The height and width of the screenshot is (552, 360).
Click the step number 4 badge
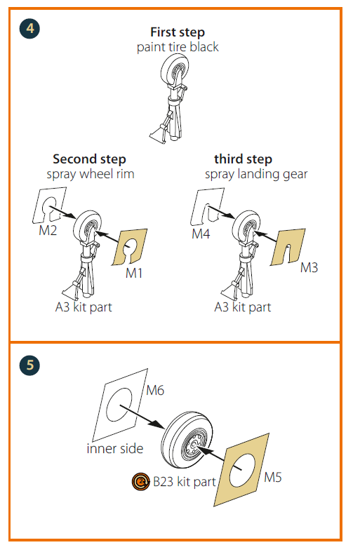(29, 29)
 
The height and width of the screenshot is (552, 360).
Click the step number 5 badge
(29, 365)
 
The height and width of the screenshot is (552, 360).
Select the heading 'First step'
(178, 32)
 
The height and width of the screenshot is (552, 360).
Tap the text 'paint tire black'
(178, 47)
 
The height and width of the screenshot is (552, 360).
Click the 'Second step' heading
(89, 159)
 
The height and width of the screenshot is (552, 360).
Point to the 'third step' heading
(243, 159)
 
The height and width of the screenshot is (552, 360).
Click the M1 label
(134, 273)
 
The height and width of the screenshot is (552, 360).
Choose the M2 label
(48, 231)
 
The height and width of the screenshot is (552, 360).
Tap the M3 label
(309, 267)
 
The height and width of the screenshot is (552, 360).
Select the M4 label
(201, 234)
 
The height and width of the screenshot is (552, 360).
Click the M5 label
(273, 478)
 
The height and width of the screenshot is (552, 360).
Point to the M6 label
(155, 390)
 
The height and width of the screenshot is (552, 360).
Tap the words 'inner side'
(115, 448)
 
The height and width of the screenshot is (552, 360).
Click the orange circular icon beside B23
(141, 481)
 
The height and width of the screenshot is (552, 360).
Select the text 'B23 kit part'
(185, 482)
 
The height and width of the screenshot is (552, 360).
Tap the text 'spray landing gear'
(256, 174)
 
